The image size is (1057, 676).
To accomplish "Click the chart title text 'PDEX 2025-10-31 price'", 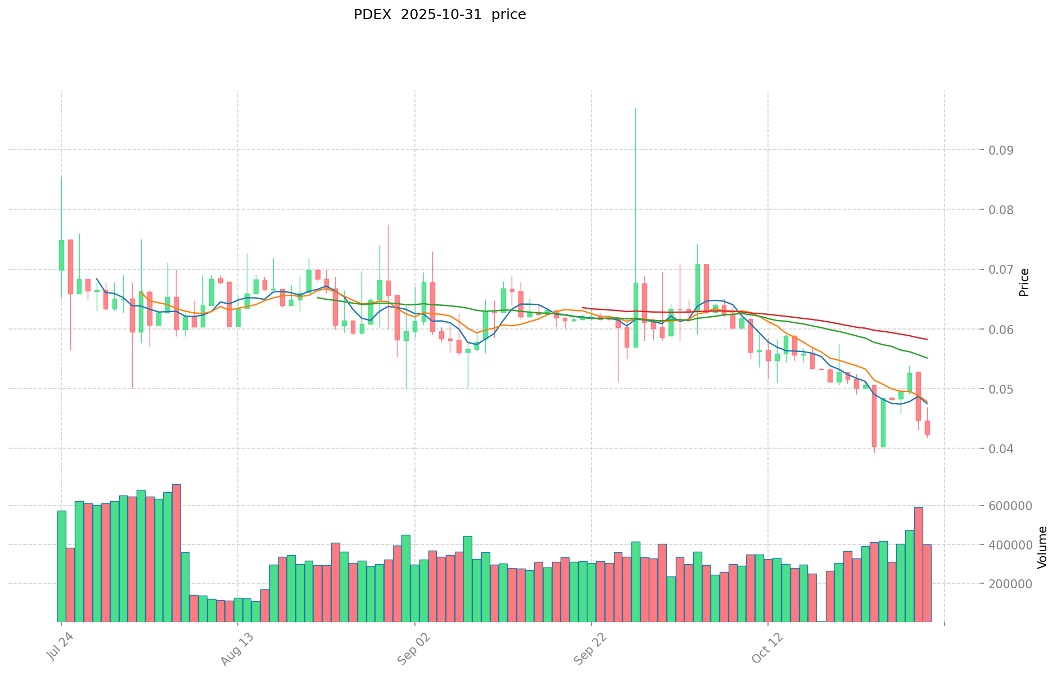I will coord(440,15).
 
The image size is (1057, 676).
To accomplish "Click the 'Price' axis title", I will coord(1024,282).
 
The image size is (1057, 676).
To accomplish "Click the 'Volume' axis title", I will coord(1042,547).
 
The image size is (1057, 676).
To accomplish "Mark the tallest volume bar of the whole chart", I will coord(177,552).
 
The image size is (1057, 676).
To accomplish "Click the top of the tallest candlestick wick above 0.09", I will coord(635,109).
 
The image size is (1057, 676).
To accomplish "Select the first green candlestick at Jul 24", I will coord(61,255).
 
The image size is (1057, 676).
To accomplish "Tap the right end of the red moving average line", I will coord(927,339).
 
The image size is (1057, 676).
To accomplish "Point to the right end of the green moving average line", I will coord(927,358).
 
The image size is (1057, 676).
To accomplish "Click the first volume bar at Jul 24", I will coord(61,565).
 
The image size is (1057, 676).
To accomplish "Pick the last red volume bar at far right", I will coord(927,583).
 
